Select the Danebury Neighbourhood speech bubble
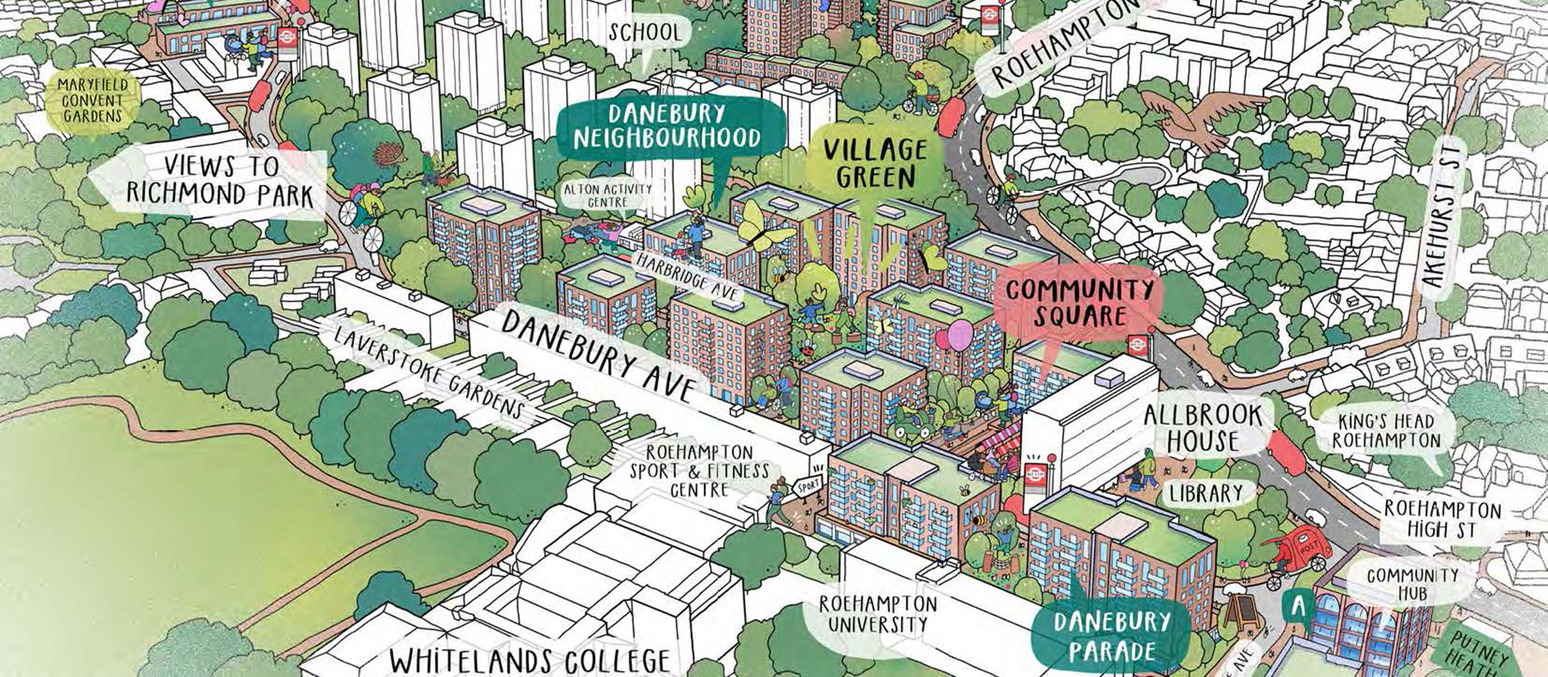pos(668,126)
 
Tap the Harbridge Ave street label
pos(686,276)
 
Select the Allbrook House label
pos(1202,428)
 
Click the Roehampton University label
pos(878,613)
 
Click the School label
pos(646,33)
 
